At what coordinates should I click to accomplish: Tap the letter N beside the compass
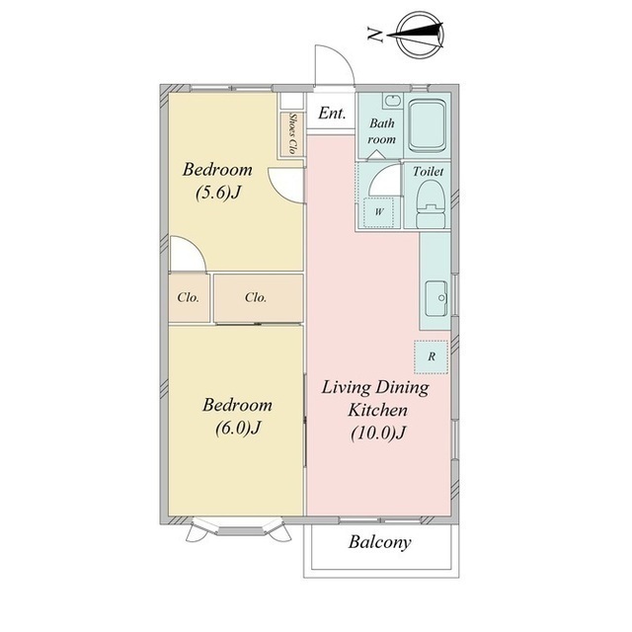(375, 35)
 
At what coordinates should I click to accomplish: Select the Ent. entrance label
(332, 113)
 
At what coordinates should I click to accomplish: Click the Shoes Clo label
(292, 134)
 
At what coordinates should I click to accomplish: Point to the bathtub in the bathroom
(428, 125)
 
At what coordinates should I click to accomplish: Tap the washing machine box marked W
(378, 212)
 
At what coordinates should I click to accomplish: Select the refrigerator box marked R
(431, 356)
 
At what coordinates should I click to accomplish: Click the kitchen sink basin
(436, 298)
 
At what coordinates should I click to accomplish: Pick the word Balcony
(379, 542)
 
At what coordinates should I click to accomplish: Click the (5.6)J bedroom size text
(218, 193)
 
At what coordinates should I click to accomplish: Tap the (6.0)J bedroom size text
(238, 428)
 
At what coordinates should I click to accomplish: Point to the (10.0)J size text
(377, 433)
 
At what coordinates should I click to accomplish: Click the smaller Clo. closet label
(189, 297)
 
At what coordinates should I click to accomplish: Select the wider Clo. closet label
(256, 297)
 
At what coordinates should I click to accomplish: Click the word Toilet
(428, 171)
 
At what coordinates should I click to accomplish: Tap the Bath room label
(382, 131)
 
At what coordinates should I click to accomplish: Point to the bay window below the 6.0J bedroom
(239, 527)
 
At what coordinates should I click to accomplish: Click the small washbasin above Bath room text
(393, 101)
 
